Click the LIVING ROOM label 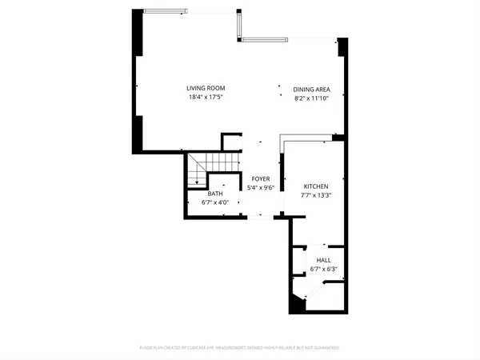coord(206,88)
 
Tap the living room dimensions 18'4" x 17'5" coord(206,97)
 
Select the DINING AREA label coord(312,90)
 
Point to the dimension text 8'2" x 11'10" coord(312,98)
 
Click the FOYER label coord(261,179)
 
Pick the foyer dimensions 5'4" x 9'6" coord(261,188)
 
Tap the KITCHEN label coord(314,186)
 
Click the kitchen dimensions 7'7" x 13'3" coord(314,194)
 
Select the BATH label coord(215,194)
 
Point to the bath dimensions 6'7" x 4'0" coord(215,202)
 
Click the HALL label coord(323,261)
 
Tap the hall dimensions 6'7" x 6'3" coord(323,270)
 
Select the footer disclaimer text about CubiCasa coord(240,348)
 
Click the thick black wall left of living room coord(137,80)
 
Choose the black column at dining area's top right coord(342,47)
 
